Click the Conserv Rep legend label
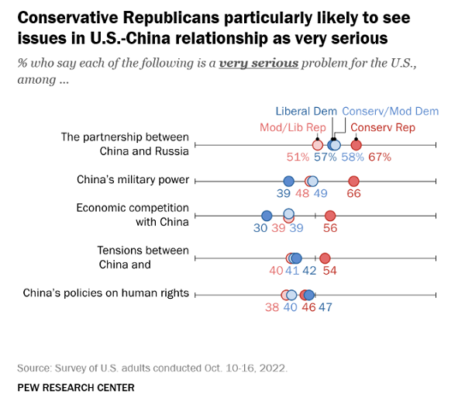pos(385,127)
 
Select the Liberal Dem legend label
pos(306,111)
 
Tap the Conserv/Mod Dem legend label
pos(391,111)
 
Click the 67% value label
pos(379,157)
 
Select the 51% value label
pos(298,157)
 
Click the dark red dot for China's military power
pos(354,181)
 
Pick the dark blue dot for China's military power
pos(288,181)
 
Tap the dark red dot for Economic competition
pos(330,216)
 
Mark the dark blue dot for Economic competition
pos(267,216)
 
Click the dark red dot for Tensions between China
pos(325,258)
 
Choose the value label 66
pos(353,193)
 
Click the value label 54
pos(329,271)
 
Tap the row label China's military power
pos(133,180)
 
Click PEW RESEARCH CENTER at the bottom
pos(75,387)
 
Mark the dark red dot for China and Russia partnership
pos(356,145)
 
